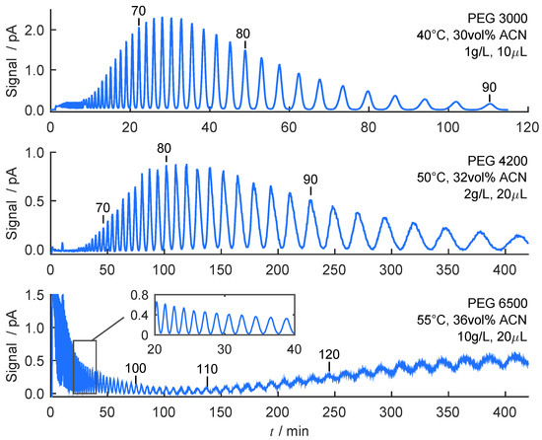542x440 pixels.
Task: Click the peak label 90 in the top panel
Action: coord(490,88)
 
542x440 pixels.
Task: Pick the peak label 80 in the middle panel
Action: coord(165,149)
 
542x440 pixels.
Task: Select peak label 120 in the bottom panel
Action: coord(330,354)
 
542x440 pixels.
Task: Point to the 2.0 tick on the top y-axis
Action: coord(34,30)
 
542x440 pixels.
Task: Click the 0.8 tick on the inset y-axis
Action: coord(144,296)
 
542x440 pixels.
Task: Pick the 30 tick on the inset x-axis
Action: coord(224,349)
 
